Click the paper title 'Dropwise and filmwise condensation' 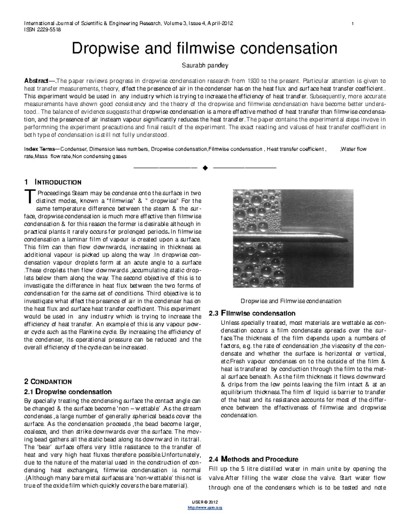[204, 48]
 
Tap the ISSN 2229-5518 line [42, 30]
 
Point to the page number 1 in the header [352, 24]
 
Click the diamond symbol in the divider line [205, 168]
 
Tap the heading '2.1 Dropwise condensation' [68, 391]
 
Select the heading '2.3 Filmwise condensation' [252, 313]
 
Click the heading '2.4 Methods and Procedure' [253, 459]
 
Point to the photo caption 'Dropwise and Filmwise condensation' [291, 301]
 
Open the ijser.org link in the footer [205, 507]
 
